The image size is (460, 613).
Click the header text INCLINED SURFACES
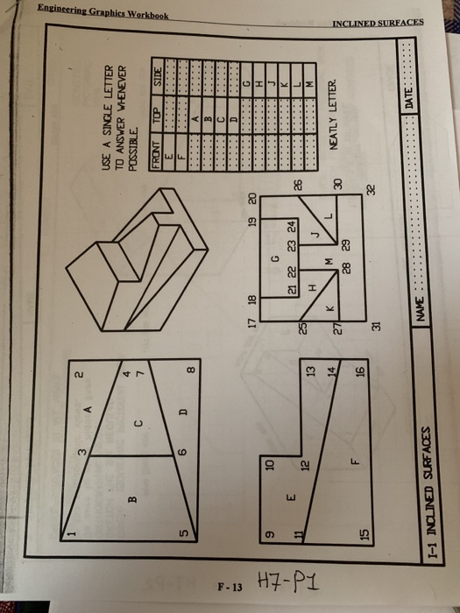pos(378,22)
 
